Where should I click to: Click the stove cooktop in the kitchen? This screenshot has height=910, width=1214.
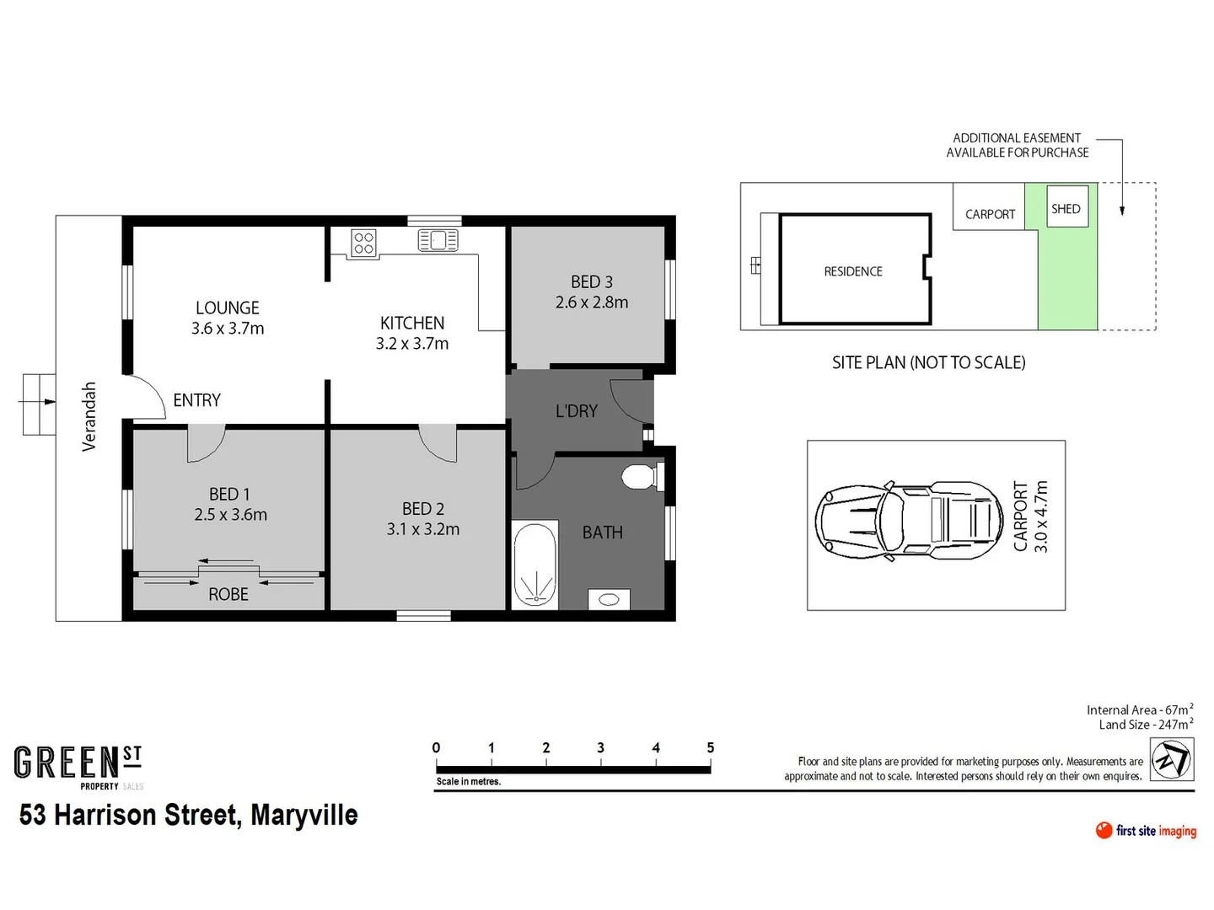click(363, 244)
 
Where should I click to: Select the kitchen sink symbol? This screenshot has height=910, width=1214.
click(438, 241)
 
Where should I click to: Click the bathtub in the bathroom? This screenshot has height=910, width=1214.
click(534, 564)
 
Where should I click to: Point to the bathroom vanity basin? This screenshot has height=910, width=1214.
click(608, 599)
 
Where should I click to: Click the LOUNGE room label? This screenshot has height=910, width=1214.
click(228, 308)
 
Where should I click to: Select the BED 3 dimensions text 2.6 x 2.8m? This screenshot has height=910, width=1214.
click(592, 302)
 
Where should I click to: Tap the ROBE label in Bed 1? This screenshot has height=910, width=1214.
click(228, 595)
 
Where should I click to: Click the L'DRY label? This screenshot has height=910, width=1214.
click(577, 411)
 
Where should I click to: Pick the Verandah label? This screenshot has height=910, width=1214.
click(89, 417)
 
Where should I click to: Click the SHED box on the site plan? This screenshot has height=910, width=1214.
click(1066, 209)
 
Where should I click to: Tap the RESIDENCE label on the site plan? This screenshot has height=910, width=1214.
click(853, 271)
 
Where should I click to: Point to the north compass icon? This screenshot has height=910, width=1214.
click(1172, 759)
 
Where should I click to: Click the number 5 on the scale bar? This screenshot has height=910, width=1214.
click(711, 748)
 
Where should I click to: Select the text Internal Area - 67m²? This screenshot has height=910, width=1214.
click(1139, 710)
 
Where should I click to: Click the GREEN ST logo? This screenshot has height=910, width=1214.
click(78, 763)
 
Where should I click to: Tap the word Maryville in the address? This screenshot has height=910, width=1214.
click(304, 816)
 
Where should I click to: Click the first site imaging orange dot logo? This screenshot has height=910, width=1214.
click(1104, 831)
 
